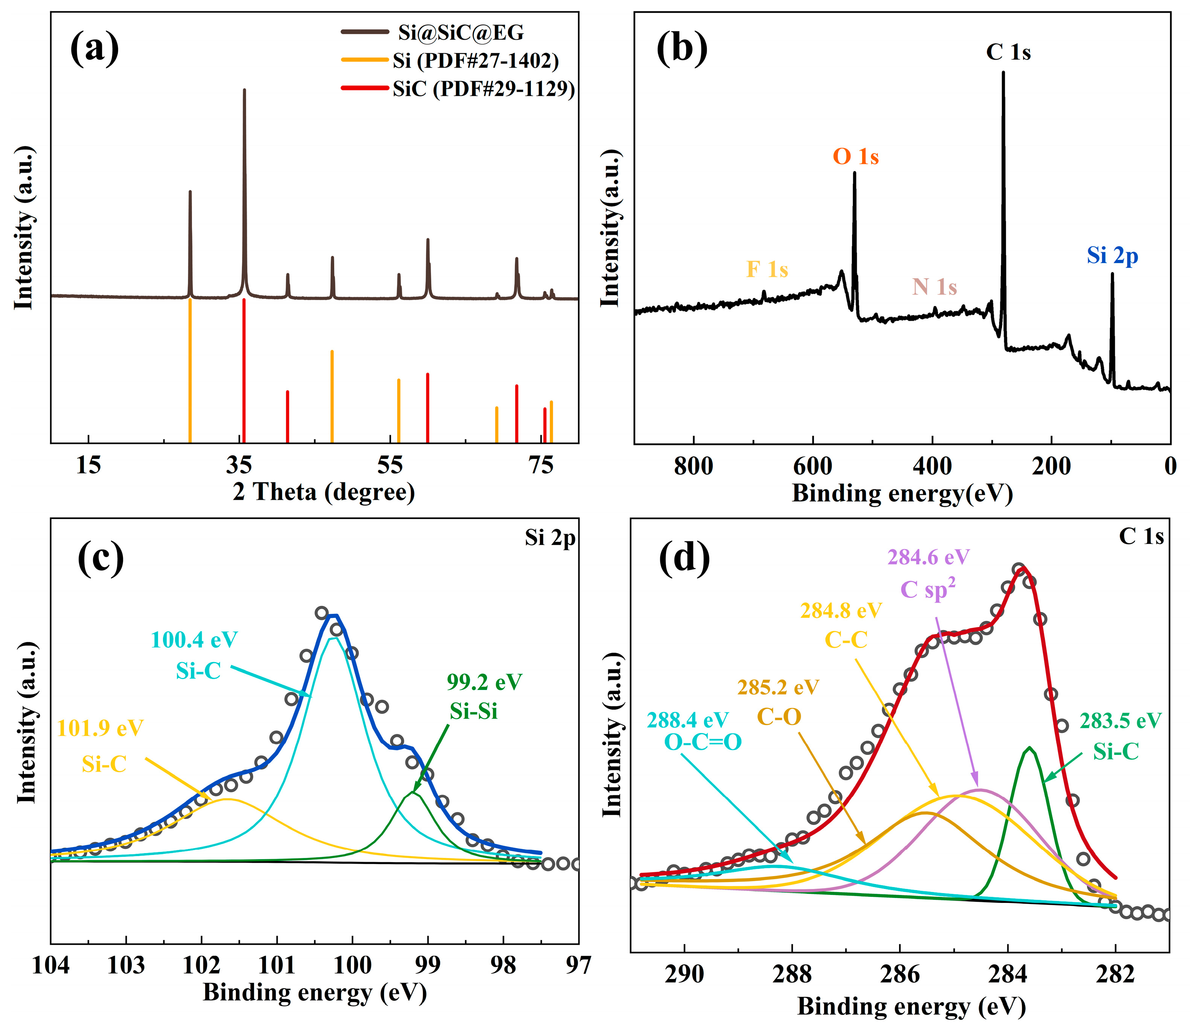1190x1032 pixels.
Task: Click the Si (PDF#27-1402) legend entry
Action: click(x=475, y=60)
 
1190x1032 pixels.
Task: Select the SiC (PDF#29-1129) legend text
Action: click(x=484, y=89)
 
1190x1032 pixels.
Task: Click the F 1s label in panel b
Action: click(x=767, y=269)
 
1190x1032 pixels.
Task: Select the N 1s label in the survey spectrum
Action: click(x=935, y=287)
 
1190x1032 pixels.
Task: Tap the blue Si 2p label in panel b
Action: click(x=1112, y=255)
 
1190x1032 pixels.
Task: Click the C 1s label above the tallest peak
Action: click(x=1008, y=52)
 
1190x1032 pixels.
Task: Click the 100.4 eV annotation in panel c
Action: click(x=194, y=640)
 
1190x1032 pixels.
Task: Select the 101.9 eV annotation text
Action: click(x=100, y=729)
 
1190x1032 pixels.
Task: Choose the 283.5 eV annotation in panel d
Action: click(x=1120, y=721)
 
